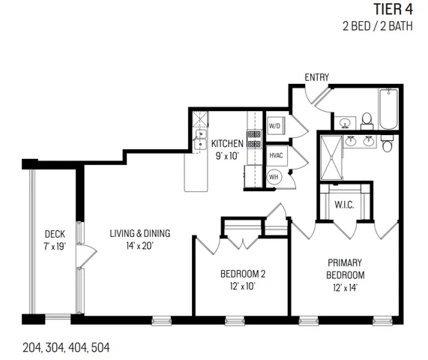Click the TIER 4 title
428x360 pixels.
[393, 10]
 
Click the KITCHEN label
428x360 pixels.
[226, 143]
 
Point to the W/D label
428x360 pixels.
[274, 126]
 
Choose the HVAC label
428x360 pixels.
[276, 154]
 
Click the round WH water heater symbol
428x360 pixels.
[274, 177]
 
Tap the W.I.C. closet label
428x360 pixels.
[344, 205]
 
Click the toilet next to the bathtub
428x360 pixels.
[367, 119]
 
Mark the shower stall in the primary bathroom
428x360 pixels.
[331, 157]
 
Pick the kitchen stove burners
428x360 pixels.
[254, 139]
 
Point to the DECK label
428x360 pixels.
[54, 233]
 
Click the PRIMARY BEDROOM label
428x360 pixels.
[345, 268]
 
